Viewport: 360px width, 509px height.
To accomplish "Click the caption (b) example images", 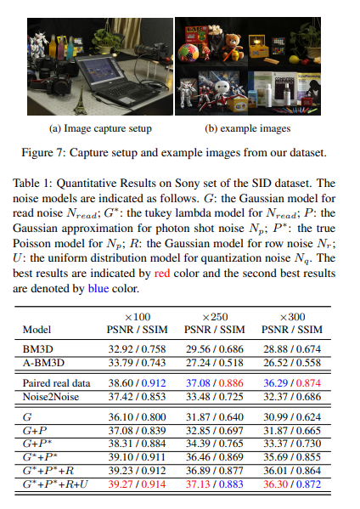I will (x=247, y=128).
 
